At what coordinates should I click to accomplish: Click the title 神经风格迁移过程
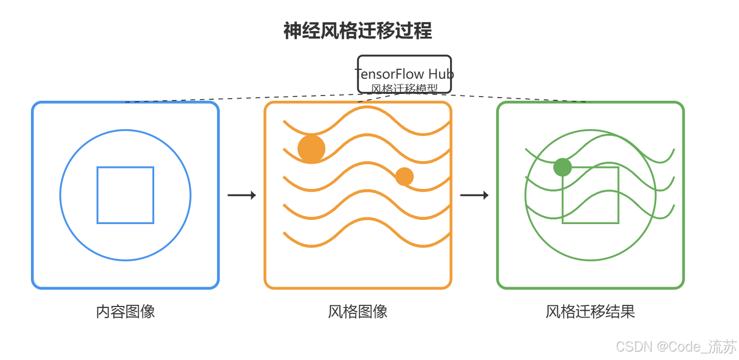coord(358,30)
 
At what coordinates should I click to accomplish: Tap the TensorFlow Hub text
coord(404,74)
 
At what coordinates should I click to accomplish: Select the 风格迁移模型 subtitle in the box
coord(404,89)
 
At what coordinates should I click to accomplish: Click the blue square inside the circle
coord(125,167)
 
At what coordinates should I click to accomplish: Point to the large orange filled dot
coord(312,149)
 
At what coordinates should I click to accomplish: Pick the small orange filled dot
coord(404,176)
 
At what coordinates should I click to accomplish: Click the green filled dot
coord(562,167)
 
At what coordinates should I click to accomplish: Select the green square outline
coord(591,167)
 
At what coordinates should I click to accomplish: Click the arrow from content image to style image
coord(242,195)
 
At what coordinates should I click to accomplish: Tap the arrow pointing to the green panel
coord(475,195)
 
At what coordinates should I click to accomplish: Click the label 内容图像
coord(125,312)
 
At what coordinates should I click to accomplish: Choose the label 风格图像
coord(358,312)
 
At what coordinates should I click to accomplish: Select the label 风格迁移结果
coord(591,312)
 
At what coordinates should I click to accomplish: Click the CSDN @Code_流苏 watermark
coord(676,346)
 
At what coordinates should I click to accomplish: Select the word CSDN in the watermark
coord(634,347)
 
